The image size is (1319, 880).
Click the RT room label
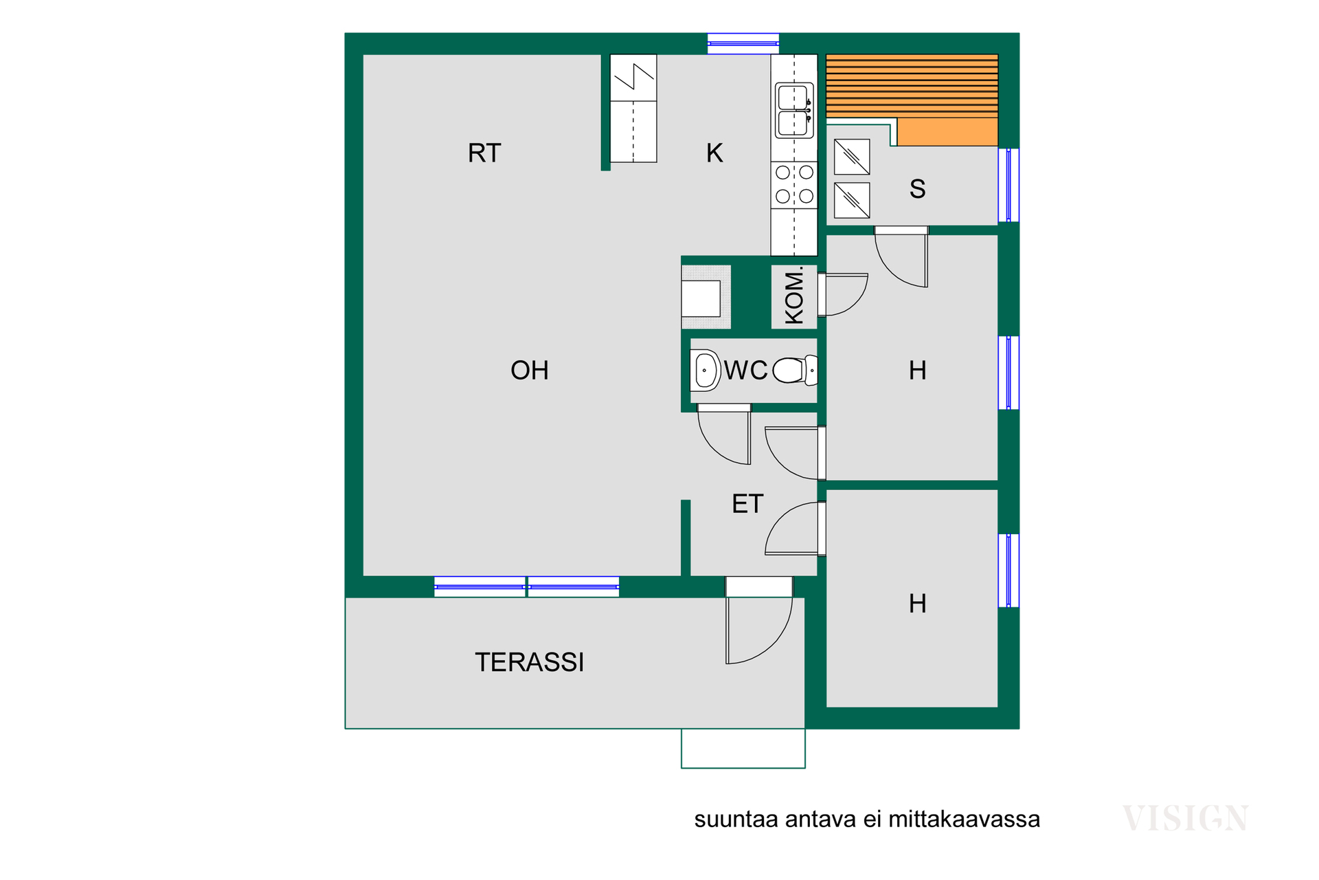click(x=484, y=153)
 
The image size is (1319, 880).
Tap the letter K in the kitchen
click(x=714, y=153)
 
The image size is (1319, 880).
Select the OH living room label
click(x=530, y=371)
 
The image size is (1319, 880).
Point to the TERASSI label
click(x=530, y=662)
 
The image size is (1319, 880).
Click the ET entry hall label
click(x=747, y=504)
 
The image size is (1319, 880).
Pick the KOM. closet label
click(x=794, y=296)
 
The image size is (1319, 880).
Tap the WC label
click(x=746, y=371)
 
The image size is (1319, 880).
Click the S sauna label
click(x=917, y=188)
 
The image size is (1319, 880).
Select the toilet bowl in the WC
click(x=795, y=371)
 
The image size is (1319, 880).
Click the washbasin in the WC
click(x=706, y=371)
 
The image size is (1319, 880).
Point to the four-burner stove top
click(x=794, y=185)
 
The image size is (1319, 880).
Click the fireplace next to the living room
click(x=706, y=297)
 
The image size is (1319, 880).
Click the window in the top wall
click(x=743, y=43)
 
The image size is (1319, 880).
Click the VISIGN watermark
click(x=1185, y=818)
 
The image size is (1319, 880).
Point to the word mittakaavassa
click(x=964, y=819)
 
